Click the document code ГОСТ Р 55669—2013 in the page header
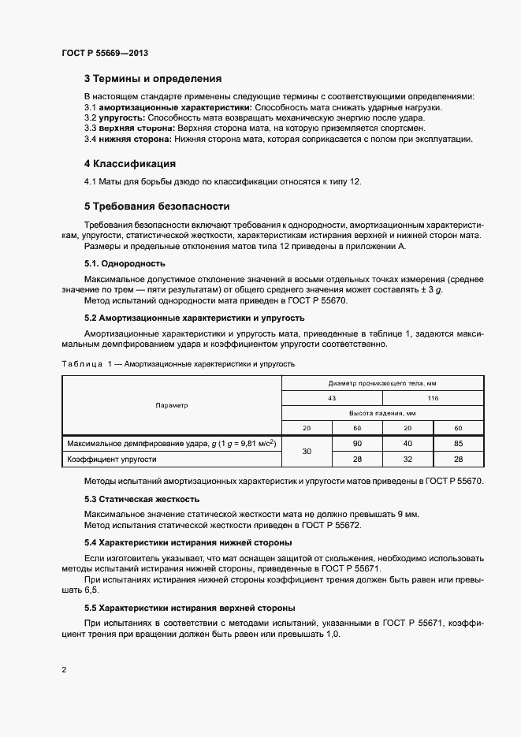click(104, 53)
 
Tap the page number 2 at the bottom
click(63, 670)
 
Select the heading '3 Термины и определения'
click(152, 79)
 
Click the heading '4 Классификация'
click(129, 164)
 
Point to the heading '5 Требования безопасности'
click(157, 207)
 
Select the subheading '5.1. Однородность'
click(125, 262)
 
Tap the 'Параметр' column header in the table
click(172, 405)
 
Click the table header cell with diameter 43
click(332, 398)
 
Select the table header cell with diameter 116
click(433, 398)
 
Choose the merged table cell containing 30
click(307, 451)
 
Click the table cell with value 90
click(357, 444)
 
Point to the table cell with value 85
click(458, 444)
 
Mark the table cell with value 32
click(407, 458)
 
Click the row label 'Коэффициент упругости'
click(112, 458)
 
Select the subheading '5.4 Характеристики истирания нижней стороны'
click(188, 542)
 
